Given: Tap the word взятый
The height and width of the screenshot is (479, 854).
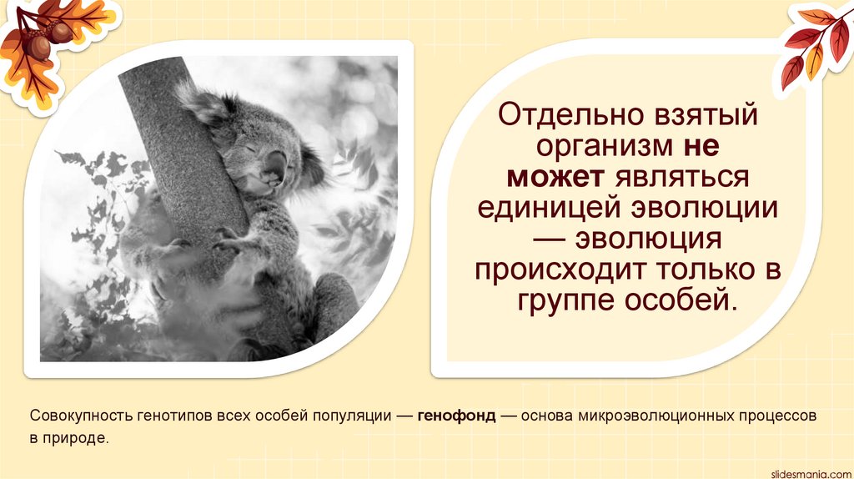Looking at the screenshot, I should [709, 115].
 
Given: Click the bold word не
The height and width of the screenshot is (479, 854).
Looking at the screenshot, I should [701, 147].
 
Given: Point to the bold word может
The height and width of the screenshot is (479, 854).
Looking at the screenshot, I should [557, 178].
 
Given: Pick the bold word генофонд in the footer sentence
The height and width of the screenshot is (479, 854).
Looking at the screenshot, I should [456, 415].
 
